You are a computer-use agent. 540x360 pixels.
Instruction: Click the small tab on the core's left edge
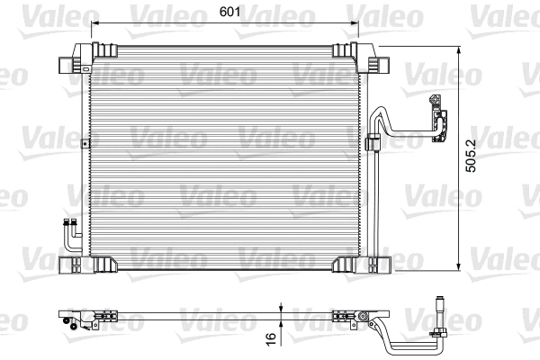tap(84, 143)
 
